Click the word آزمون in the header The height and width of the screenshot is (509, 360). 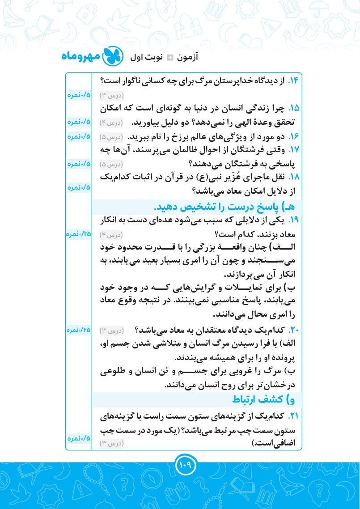pyautogui.click(x=187, y=58)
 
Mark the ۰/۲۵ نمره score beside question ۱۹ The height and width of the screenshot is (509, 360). pyautogui.click(x=79, y=234)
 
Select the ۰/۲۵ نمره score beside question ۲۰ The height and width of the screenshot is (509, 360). pyautogui.click(x=79, y=330)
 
